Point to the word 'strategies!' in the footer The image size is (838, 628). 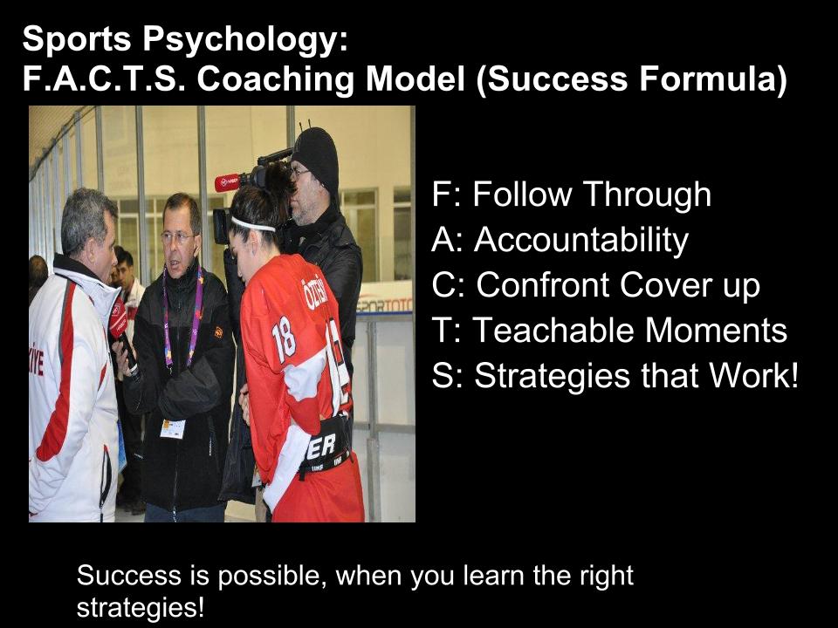(x=141, y=606)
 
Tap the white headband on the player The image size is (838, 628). (x=252, y=223)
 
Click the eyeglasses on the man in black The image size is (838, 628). (x=177, y=236)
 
